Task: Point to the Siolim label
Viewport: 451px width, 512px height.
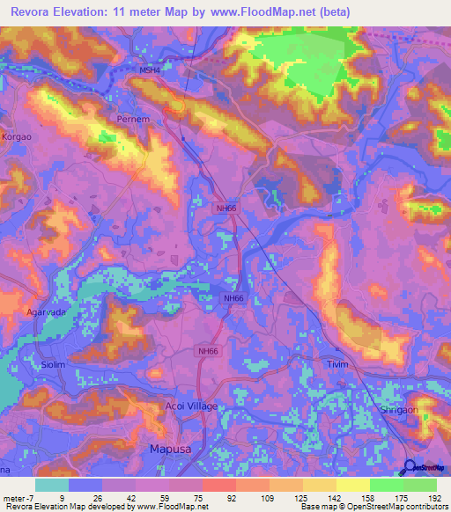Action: pos(55,363)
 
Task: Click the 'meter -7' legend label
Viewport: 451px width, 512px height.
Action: pos(18,496)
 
